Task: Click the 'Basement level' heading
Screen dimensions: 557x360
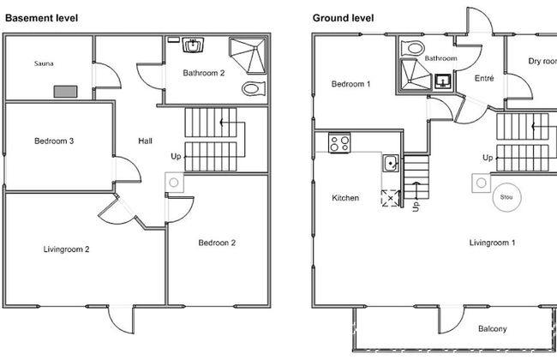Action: click(42, 18)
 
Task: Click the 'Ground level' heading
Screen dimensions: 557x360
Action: click(343, 18)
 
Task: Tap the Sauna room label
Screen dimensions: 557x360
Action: click(44, 63)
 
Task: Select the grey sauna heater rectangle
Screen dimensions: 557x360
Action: click(65, 92)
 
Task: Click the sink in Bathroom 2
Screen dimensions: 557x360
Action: click(193, 45)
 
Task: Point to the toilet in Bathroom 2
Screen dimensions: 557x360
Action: click(254, 88)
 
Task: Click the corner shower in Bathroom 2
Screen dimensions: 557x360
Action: click(249, 56)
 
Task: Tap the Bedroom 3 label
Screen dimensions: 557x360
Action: click(54, 141)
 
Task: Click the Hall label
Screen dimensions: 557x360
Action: click(145, 141)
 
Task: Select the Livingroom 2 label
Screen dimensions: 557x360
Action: click(67, 249)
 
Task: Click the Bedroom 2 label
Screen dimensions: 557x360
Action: click(217, 243)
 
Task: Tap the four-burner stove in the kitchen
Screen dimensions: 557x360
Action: click(339, 143)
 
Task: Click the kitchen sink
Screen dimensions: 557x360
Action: click(391, 164)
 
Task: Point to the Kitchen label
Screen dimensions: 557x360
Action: click(345, 198)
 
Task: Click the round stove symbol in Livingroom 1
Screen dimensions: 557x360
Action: click(507, 197)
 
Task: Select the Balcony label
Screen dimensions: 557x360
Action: click(493, 329)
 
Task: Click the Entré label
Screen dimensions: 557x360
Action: click(484, 79)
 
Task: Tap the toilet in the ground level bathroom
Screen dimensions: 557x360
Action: click(412, 48)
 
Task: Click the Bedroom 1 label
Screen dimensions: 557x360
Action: click(350, 84)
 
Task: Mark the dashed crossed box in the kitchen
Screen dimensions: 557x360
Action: click(390, 198)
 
